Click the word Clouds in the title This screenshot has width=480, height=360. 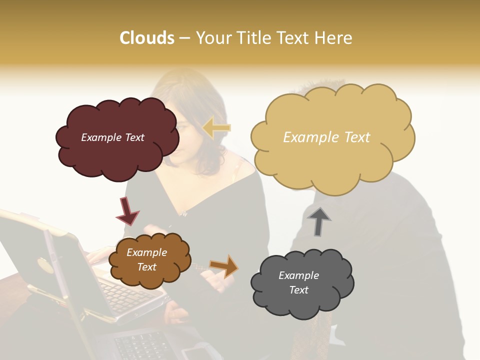point(146,38)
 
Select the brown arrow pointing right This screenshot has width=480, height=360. point(224,265)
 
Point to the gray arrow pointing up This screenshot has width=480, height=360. point(319,220)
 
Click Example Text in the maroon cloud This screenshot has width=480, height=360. point(112,137)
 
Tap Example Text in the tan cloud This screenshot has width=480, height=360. point(326,137)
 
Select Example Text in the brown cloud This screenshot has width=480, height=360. point(146,259)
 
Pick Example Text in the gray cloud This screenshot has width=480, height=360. point(298,282)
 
